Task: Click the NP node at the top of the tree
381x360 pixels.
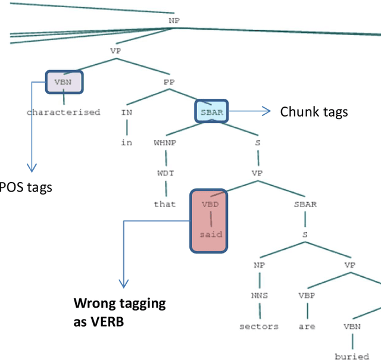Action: pos(174,20)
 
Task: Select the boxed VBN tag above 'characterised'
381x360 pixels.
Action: pos(64,82)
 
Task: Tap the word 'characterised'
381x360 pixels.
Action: pos(63,112)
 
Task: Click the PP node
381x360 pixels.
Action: pos(168,82)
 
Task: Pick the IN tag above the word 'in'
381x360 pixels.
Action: pos(126,111)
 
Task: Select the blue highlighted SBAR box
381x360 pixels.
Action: pos(212,111)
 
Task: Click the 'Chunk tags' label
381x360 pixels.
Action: pos(314,112)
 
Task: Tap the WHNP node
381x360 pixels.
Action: pos(165,143)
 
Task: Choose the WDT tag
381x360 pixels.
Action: pos(165,174)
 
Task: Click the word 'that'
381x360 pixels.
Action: pos(165,204)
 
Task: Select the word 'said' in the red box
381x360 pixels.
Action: pos(211,234)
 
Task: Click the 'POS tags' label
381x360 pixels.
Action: pos(26,187)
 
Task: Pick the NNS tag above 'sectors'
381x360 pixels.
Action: pos(259,296)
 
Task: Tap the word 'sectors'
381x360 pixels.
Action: pos(259,326)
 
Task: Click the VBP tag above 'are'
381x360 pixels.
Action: pos(306,296)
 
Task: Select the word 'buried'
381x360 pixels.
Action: pos(352,356)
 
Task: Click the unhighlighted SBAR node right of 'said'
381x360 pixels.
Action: pos(305,204)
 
